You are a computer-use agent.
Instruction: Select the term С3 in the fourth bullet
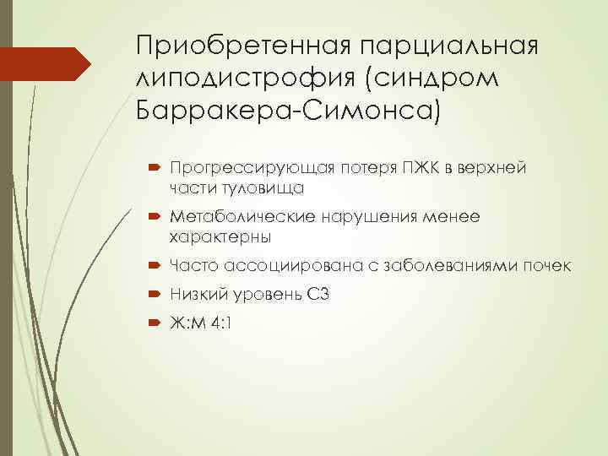(315, 294)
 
